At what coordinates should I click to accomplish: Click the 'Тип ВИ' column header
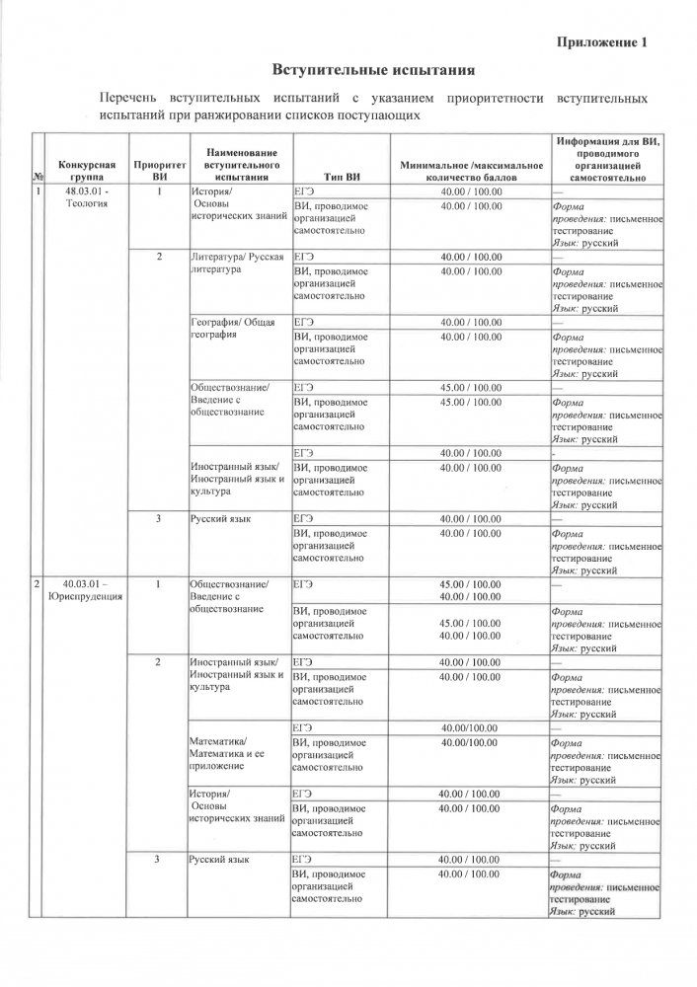coord(339,176)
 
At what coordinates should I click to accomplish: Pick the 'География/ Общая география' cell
coord(233,329)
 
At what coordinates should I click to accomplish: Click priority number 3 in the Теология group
coord(159,518)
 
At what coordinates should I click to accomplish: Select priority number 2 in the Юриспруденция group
coord(158,661)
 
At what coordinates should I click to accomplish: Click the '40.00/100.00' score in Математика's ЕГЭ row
coord(469,728)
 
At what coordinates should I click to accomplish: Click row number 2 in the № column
coord(38,583)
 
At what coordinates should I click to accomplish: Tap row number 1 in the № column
coord(38,190)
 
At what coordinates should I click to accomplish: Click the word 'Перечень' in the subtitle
coord(129,99)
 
